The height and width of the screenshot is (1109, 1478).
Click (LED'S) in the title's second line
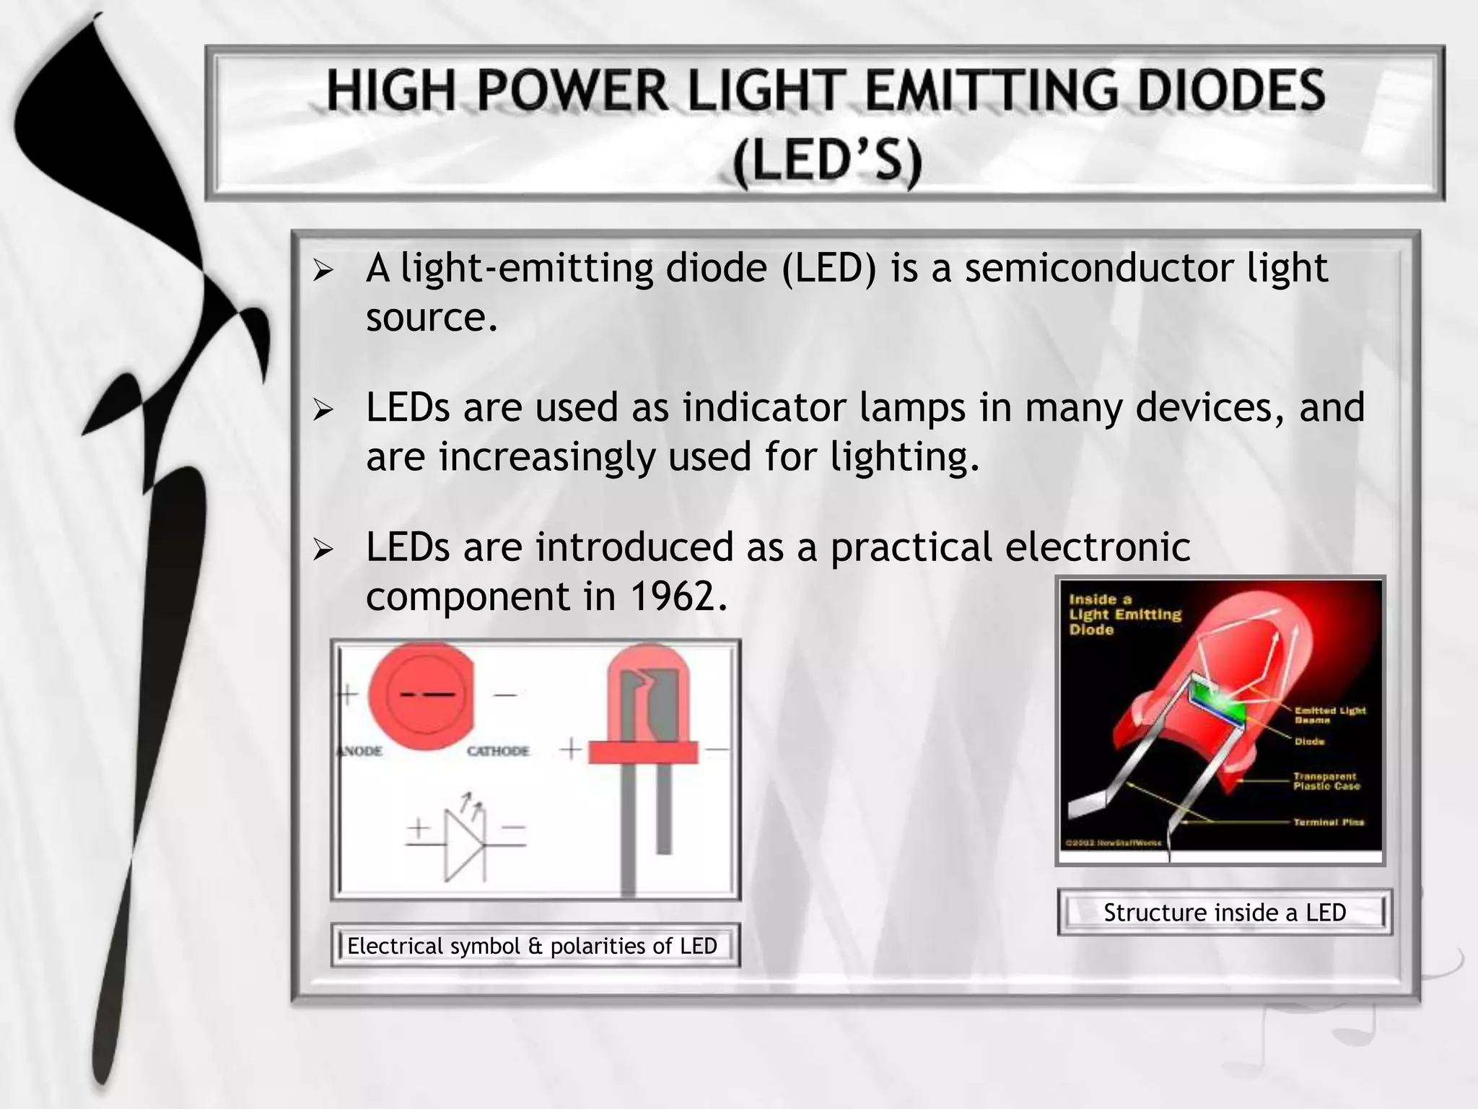tap(827, 162)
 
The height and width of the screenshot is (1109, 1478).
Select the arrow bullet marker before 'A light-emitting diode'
tap(323, 271)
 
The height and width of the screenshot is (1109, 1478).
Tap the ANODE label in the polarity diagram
tap(359, 751)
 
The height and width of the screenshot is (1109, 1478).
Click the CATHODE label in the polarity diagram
tap(497, 751)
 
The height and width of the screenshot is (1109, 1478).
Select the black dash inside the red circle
tap(427, 695)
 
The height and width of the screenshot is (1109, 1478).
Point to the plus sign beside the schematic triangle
tap(418, 830)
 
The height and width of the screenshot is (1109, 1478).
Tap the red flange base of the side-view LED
tap(643, 752)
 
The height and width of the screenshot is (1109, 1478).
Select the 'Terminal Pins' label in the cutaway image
tap(1328, 822)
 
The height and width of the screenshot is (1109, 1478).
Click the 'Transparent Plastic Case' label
tap(1326, 781)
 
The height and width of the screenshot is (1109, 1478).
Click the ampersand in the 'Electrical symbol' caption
tap(535, 947)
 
